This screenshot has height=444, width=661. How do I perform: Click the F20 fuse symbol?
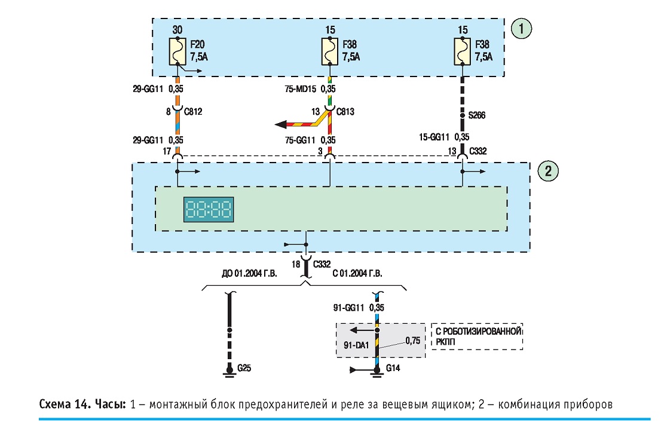[178, 51]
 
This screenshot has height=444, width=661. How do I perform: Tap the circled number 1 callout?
[522, 29]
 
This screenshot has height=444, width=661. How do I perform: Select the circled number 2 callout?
[548, 171]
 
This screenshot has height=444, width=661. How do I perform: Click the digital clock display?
[209, 209]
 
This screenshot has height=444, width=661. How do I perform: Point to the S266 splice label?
[477, 115]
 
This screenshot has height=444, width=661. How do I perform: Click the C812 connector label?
[193, 112]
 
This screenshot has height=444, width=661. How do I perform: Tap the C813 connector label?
[345, 112]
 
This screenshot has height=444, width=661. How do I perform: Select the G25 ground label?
[244, 368]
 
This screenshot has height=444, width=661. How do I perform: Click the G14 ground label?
[393, 368]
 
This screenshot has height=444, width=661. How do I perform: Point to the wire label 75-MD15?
[300, 89]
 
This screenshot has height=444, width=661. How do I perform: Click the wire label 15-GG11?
[434, 137]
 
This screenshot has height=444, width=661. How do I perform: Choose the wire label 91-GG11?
[348, 308]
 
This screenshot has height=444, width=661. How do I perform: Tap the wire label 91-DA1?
[356, 345]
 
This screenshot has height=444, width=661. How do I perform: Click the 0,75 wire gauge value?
[413, 341]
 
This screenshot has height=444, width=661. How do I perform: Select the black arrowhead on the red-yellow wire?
[281, 124]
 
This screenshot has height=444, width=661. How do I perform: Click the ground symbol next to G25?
[229, 372]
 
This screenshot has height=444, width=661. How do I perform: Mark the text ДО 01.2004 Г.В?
[249, 274]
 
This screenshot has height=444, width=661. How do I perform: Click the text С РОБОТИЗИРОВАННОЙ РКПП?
[479, 336]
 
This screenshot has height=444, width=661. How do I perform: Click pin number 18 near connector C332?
[296, 264]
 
